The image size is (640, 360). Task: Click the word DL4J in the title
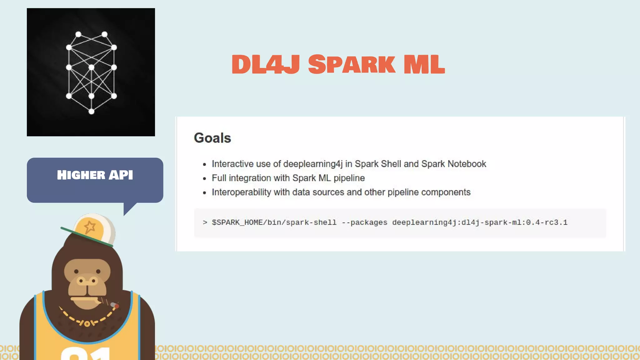click(266, 64)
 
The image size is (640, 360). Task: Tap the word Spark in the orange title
click(351, 64)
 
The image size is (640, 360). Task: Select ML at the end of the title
click(424, 64)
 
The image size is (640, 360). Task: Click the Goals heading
click(212, 138)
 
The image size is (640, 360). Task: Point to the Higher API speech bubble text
click(95, 175)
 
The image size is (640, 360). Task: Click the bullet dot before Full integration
click(204, 179)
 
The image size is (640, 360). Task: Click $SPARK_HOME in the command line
click(237, 222)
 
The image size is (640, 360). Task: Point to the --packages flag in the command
click(364, 222)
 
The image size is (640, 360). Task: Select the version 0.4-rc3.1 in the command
click(547, 222)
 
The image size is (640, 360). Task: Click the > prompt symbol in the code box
click(205, 222)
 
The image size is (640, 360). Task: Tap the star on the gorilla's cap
click(90, 227)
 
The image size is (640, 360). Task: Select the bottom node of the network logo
click(92, 112)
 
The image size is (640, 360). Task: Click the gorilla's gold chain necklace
click(87, 322)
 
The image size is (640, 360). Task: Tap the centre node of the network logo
click(91, 67)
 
